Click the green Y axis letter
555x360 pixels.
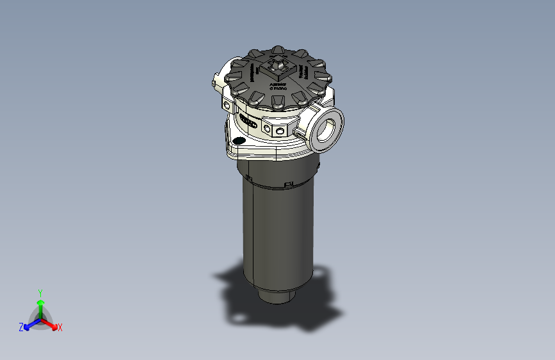tap(40, 291)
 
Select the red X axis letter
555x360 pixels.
tap(60, 328)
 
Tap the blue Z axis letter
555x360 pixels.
tap(21, 327)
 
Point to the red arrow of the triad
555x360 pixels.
tap(51, 323)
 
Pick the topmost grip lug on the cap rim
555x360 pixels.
tap(278, 49)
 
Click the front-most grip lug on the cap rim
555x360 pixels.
tap(279, 102)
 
